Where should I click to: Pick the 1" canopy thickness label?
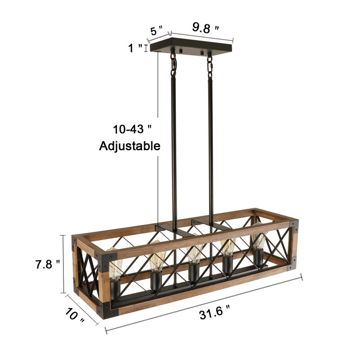pos(135,48)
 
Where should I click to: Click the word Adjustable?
pos(130,146)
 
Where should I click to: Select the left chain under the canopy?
pos(173,65)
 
